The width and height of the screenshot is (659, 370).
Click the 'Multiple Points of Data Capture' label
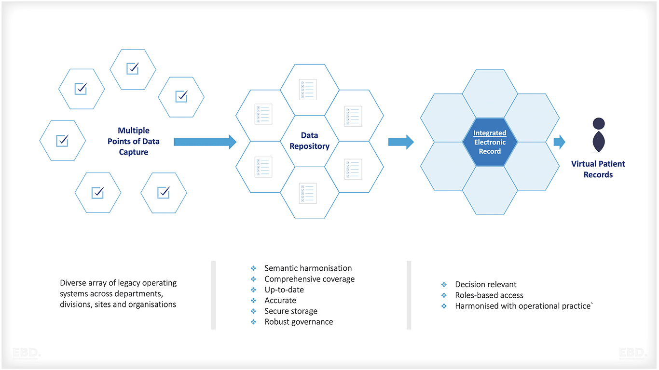click(x=134, y=141)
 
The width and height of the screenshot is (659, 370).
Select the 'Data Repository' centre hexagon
click(x=309, y=141)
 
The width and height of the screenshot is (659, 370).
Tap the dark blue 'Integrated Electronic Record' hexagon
click(x=490, y=142)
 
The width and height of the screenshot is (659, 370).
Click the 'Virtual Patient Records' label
click(x=598, y=169)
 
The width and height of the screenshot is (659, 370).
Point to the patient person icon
click(x=598, y=134)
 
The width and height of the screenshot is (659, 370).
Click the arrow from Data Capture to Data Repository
click(x=205, y=142)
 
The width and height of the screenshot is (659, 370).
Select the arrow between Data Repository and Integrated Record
click(x=401, y=142)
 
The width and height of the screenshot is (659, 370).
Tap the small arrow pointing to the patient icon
click(x=559, y=142)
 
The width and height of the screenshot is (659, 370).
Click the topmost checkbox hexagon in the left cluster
click(x=133, y=69)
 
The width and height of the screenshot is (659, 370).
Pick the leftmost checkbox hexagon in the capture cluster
click(x=62, y=141)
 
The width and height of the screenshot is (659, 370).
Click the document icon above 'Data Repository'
click(x=308, y=90)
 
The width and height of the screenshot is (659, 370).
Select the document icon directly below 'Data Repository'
click(x=308, y=193)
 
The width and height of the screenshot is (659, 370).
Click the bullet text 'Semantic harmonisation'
click(x=308, y=268)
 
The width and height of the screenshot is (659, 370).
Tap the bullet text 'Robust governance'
click(x=299, y=322)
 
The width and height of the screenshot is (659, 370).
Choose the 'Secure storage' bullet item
click(x=291, y=311)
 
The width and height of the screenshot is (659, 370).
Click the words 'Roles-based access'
click(x=489, y=295)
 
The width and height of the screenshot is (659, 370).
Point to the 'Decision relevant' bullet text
click(x=485, y=285)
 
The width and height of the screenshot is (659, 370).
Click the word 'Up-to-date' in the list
click(x=284, y=290)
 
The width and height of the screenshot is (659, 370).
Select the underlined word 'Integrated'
click(x=490, y=133)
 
